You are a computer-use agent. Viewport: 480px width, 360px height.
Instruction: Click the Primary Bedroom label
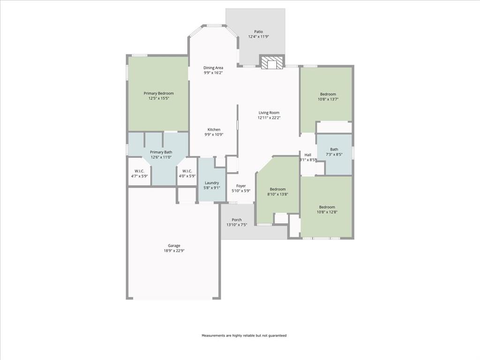158,93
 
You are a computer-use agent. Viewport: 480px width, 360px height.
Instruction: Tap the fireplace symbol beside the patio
272,62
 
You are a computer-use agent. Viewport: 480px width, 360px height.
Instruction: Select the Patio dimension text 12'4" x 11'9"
258,37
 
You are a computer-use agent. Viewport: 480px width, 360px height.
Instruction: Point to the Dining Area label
213,67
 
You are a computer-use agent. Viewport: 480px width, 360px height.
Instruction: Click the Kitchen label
214,129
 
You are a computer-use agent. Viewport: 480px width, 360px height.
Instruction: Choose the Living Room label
269,112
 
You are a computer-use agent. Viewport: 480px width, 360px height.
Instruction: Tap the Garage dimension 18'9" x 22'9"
174,251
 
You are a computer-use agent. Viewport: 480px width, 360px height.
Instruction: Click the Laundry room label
212,183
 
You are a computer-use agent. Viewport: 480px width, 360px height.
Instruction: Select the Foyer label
241,186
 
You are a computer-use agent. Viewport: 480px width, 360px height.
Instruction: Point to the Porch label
237,220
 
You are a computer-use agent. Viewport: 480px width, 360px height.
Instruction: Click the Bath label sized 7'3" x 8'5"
334,150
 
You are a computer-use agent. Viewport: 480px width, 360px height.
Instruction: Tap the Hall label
307,155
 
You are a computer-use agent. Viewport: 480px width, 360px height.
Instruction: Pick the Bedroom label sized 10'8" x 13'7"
328,94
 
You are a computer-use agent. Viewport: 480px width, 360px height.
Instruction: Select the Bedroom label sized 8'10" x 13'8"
277,189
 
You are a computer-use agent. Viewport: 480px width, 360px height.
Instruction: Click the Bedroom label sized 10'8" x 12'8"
327,207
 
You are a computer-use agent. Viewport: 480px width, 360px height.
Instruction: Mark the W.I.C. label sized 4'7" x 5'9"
139,171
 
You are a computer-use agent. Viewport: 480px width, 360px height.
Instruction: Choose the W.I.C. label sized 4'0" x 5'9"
187,171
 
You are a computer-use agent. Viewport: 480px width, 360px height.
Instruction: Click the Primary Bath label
161,152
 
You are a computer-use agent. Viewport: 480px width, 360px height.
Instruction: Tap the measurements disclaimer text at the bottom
244,336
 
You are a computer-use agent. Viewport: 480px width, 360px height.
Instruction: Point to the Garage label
174,246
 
